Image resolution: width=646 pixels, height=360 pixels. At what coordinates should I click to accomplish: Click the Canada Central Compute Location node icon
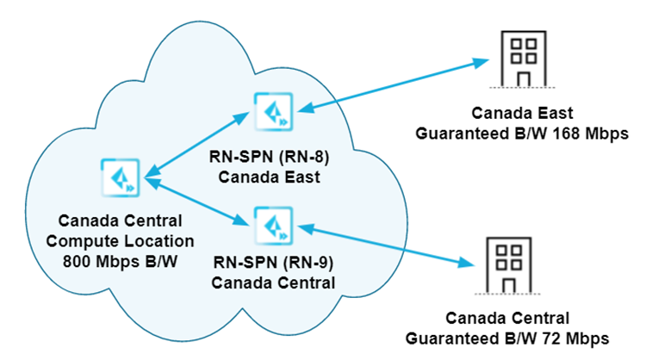[118, 176]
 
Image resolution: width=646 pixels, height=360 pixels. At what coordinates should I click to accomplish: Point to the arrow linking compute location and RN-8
[197, 145]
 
